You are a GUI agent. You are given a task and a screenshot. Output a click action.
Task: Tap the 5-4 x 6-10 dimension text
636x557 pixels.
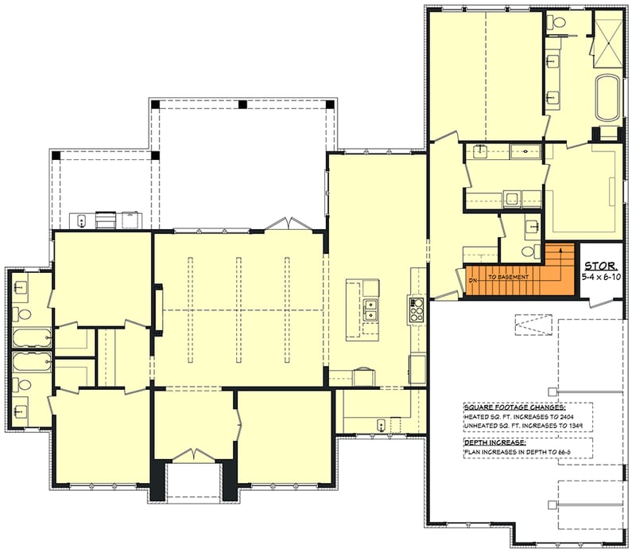coord(600,278)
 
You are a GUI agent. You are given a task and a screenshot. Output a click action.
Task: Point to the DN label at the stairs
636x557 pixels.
coord(473,281)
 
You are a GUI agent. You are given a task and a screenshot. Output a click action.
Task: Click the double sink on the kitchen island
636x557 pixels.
coord(371,310)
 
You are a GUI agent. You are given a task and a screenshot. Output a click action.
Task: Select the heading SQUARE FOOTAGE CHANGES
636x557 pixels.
coord(509,407)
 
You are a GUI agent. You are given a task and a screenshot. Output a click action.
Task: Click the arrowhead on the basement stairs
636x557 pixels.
coord(562,251)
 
